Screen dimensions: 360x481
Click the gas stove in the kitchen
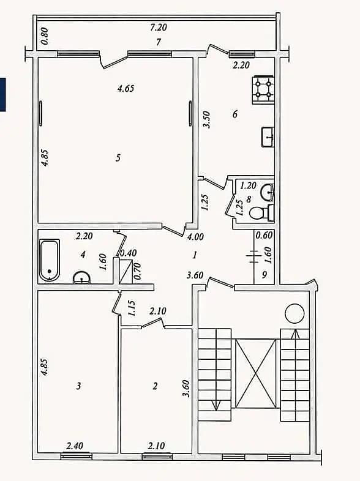(x=263, y=89)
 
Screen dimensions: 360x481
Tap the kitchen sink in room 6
(x=268, y=137)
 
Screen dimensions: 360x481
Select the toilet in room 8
(x=261, y=213)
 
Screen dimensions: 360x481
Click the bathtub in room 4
(x=49, y=260)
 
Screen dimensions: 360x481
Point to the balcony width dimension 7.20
(x=159, y=28)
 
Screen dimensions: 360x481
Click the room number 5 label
(x=118, y=158)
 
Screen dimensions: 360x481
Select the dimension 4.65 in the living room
(x=126, y=89)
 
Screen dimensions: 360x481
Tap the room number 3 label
(x=78, y=386)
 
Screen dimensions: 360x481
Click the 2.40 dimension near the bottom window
(x=75, y=445)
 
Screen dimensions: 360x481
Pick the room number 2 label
(x=155, y=386)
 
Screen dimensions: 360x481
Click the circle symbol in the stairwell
(x=294, y=313)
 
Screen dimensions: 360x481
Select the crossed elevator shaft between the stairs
(x=255, y=373)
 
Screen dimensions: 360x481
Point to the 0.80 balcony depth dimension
(x=45, y=36)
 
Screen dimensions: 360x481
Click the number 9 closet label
(x=264, y=275)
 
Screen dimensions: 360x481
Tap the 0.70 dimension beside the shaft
(x=138, y=271)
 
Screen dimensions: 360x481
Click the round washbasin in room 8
(x=268, y=192)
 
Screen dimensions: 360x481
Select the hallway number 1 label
(x=195, y=255)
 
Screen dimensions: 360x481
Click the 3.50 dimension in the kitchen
(x=207, y=119)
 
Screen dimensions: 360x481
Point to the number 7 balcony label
(x=159, y=42)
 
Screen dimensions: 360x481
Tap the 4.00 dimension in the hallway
(x=195, y=236)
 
